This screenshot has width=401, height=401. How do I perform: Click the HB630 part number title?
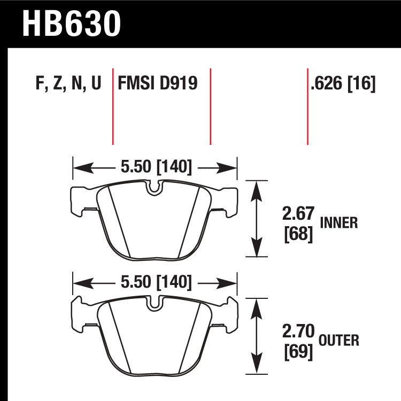tap(71, 24)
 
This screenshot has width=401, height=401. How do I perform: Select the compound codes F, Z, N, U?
tap(68, 83)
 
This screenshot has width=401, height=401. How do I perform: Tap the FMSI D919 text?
tap(158, 83)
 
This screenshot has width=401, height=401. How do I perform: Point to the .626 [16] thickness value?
tap(343, 83)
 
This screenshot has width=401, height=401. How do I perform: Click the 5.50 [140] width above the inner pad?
tap(156, 167)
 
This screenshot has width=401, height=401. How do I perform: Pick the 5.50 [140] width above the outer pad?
tap(156, 282)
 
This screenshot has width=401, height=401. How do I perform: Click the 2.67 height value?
tap(298, 213)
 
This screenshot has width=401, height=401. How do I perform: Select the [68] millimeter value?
tap(298, 234)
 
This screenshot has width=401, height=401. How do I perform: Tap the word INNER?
tap(339, 223)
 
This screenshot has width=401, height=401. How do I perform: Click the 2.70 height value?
tap(298, 331)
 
